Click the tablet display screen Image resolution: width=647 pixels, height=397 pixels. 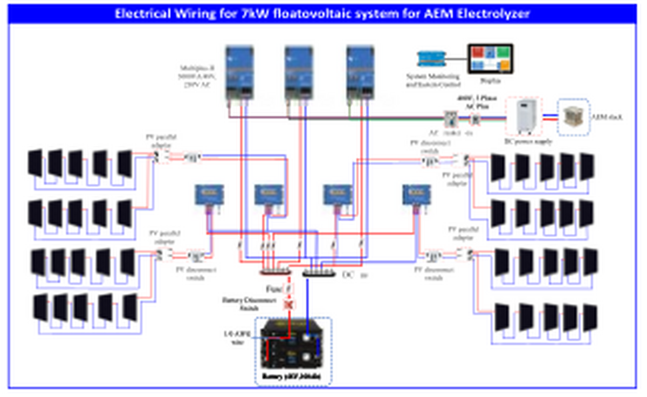490,59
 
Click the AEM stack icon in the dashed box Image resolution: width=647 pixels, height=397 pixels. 574,117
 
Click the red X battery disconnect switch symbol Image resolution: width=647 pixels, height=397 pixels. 288,305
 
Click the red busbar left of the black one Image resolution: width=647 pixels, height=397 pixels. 276,271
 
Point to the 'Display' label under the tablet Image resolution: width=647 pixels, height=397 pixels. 490,80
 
